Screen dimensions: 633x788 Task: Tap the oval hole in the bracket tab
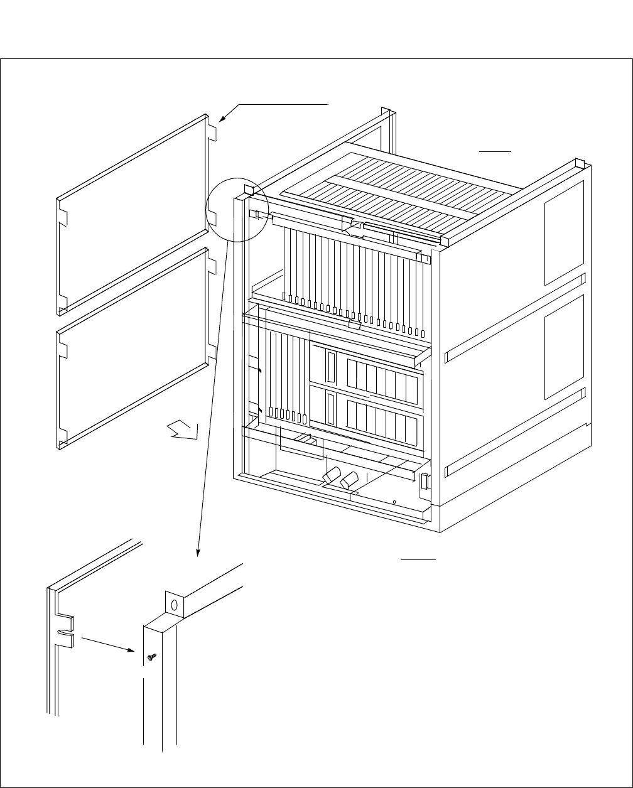point(175,606)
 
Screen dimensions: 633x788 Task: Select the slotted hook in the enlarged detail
point(67,632)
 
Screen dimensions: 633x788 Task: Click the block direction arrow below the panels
point(183,431)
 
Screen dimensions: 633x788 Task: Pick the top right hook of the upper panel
point(213,134)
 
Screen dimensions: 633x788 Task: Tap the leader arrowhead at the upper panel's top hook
point(220,119)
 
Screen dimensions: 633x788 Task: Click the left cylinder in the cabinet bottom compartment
point(330,475)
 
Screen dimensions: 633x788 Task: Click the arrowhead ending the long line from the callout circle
point(198,552)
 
